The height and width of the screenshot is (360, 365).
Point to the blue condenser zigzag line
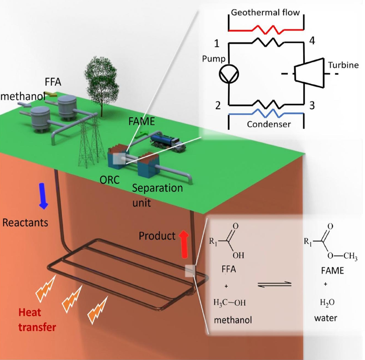coord(266,114)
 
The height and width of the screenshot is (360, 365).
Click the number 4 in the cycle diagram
coord(312,42)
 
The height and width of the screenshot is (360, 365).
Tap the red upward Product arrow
coord(185,245)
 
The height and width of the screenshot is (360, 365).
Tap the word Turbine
coord(343,65)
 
